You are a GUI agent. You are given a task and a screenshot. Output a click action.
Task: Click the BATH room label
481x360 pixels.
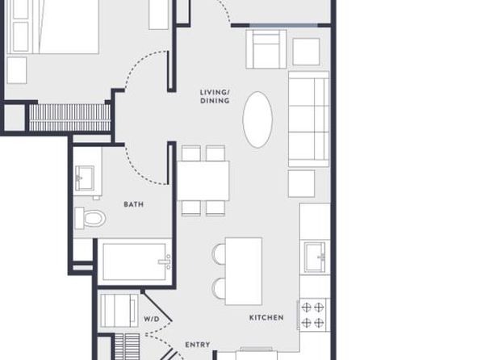[x=133, y=204]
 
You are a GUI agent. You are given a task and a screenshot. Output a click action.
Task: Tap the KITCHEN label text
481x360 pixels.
[x=266, y=318]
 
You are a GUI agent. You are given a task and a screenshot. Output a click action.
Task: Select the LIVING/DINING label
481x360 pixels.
[x=215, y=96]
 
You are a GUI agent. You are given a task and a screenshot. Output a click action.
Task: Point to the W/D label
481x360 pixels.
[x=152, y=319]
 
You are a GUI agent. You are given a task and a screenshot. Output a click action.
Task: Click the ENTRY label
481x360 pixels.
[x=198, y=345]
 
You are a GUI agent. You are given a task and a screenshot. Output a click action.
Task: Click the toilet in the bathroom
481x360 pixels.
[x=90, y=218]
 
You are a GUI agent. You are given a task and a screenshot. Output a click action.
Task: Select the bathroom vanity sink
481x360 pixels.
[x=85, y=178]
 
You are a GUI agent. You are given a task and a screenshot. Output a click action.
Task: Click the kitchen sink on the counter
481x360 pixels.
[x=315, y=257]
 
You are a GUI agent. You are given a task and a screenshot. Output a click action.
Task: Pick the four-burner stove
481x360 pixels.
[x=314, y=315]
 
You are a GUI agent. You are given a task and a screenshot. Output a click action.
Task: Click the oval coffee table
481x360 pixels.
[x=257, y=119]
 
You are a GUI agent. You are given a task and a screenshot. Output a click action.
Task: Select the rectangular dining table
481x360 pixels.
[x=203, y=181]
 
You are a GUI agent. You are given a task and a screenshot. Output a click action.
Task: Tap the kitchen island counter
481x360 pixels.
[x=244, y=271]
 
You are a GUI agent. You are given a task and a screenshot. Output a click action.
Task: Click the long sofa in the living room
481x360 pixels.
[x=308, y=119]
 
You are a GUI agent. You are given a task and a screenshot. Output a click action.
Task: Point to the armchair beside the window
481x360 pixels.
[x=266, y=49]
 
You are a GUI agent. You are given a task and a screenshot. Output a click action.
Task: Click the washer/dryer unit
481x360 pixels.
[x=119, y=311]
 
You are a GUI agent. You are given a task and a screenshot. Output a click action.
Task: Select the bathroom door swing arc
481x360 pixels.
[x=139, y=174]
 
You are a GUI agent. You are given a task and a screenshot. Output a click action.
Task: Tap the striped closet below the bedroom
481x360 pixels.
[x=69, y=118]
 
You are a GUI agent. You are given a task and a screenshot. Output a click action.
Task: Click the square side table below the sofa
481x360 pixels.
[x=302, y=183]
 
